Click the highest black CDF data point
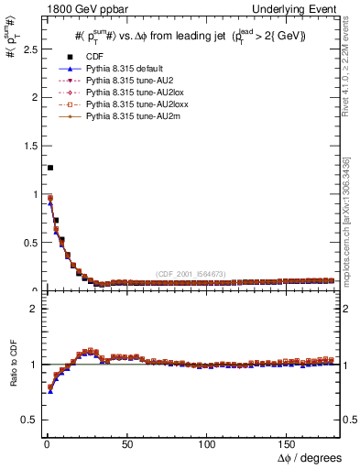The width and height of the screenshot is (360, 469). [x=49, y=168]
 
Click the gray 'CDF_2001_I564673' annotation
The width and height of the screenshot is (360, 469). [x=191, y=275]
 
